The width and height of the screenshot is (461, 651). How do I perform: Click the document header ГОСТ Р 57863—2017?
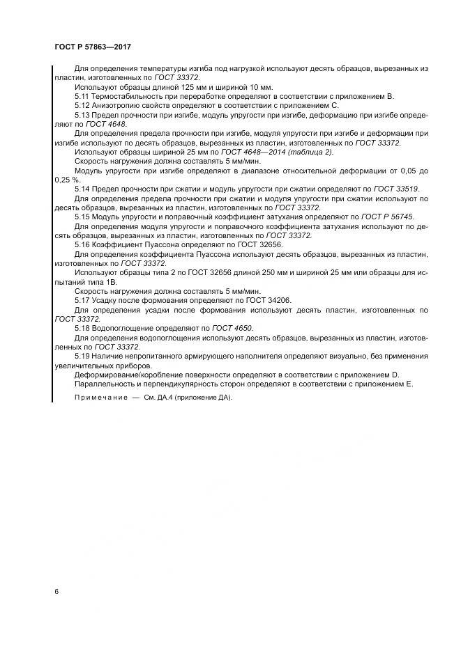92,46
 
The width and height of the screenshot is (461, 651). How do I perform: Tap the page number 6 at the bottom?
56,591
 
